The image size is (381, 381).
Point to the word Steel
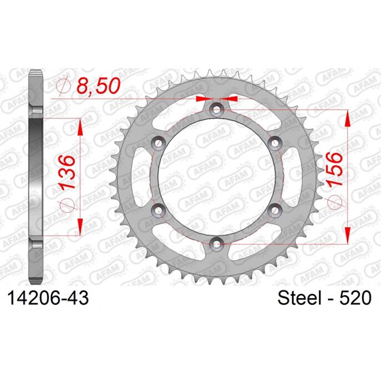301,298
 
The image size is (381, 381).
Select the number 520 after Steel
355,298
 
